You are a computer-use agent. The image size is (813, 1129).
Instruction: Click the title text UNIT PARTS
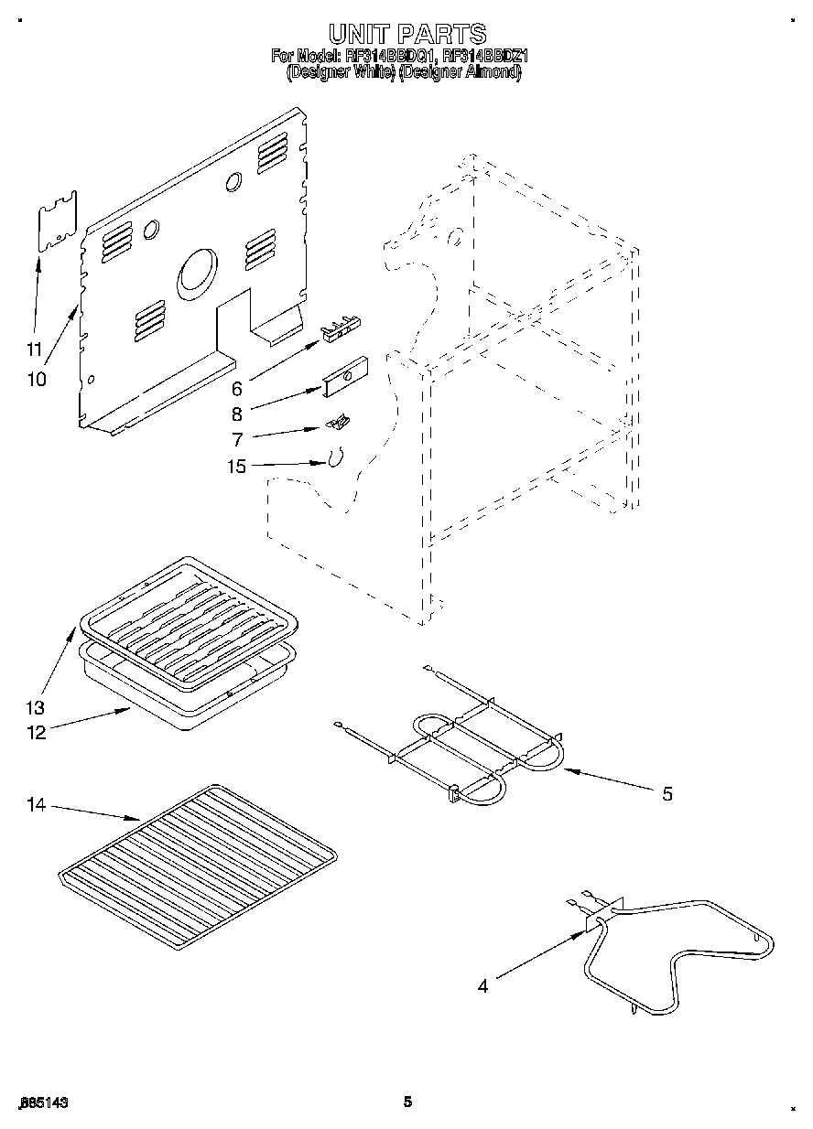tap(406, 35)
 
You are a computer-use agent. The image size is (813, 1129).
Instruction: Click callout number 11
tap(34, 349)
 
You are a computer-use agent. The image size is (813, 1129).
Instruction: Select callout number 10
tap(37, 379)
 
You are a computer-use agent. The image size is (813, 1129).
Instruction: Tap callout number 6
tap(236, 389)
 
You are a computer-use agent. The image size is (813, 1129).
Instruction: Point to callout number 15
tap(236, 468)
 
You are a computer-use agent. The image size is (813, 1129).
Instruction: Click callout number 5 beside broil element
tap(667, 794)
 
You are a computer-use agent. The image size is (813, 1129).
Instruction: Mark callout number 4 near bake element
tap(482, 985)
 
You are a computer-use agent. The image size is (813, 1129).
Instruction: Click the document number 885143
tap(42, 1103)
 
